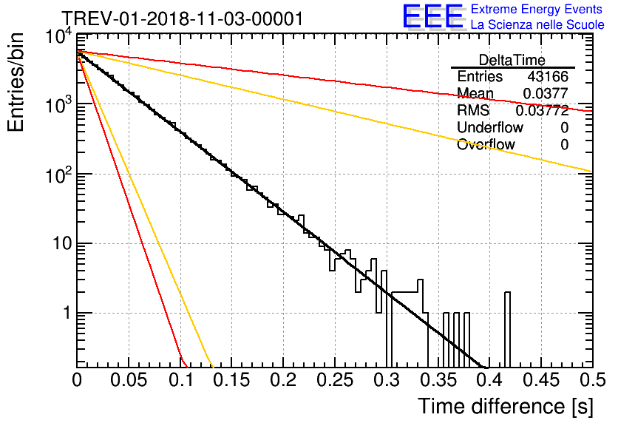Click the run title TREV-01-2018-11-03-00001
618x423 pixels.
tap(182, 19)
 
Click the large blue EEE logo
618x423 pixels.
tap(432, 17)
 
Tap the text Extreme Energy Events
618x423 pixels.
tap(537, 10)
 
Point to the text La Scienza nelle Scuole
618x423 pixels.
tap(537, 25)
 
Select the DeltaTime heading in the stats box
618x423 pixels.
tap(512, 60)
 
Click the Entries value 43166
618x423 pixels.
tap(548, 77)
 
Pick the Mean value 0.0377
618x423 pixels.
tap(546, 94)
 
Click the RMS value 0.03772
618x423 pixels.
tap(542, 111)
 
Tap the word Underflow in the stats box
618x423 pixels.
tap(489, 128)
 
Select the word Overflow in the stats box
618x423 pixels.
tap(486, 145)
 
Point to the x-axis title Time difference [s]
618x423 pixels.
tap(504, 406)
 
